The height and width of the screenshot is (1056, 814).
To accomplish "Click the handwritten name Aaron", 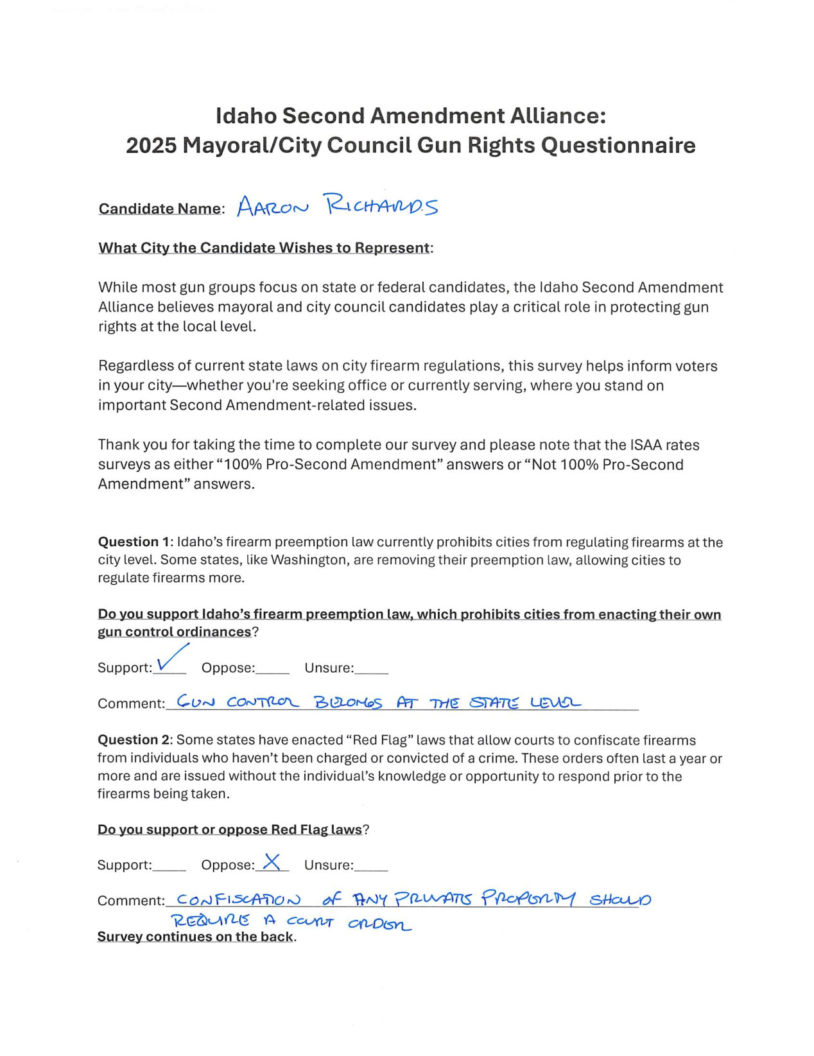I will pos(272,207).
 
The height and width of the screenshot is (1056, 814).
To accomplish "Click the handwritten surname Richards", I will pos(382,205).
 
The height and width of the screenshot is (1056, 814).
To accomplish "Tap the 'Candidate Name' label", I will pos(159,209).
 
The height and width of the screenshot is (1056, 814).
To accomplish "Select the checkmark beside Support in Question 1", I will pos(171,659).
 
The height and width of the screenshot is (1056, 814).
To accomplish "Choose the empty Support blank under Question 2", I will pos(169,866).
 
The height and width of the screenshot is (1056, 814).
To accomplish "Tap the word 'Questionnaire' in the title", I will pos(618,146).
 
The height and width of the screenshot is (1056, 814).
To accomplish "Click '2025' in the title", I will pos(152,146).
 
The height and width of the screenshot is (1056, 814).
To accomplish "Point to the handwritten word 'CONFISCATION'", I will pos(238,900).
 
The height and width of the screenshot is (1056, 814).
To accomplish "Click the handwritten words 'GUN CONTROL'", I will pos(238,702).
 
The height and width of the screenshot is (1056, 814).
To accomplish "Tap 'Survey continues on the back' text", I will pos(195,937).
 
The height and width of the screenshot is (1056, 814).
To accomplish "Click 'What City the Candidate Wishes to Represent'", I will pos(264,248).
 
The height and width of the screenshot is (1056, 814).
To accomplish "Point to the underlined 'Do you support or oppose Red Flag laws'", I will pos(230,829).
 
